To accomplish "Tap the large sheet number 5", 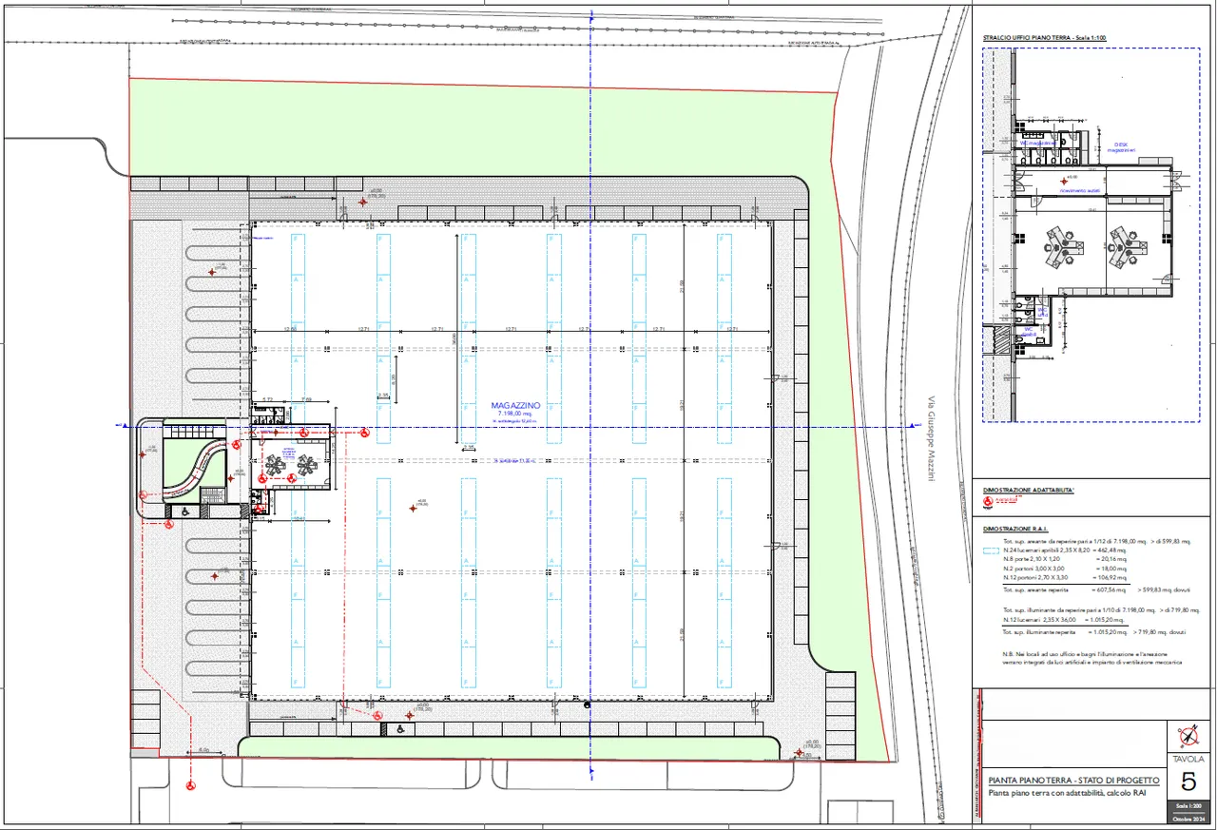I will click(1188, 782).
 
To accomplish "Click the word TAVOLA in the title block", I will click(1188, 760).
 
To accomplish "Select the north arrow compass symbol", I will click(1188, 736).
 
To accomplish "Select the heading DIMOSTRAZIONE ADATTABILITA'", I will click(1029, 490).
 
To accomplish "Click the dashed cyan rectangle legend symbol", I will click(991, 550).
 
